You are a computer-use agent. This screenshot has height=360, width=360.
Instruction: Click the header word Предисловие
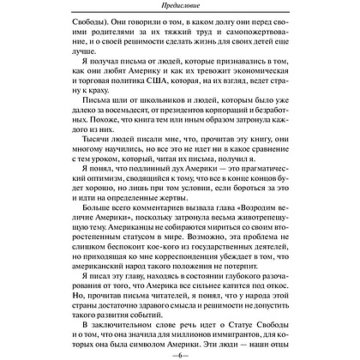click(179, 9)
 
